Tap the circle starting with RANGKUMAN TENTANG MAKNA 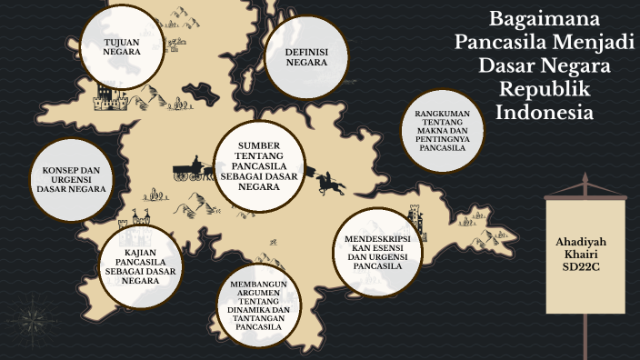442,128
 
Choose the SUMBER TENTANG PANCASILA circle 257,166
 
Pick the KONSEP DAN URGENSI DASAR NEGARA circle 70,179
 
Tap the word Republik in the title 545,91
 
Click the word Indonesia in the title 545,114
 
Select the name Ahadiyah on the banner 585,242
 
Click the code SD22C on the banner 585,269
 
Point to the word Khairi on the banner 585,255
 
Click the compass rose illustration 34,322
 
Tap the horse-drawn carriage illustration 192,170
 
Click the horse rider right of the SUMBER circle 330,183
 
